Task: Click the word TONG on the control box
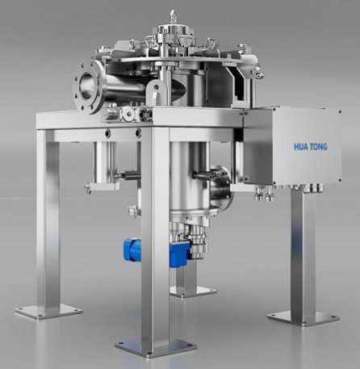pyautogui.click(x=319, y=147)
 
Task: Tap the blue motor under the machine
pyautogui.click(x=157, y=251)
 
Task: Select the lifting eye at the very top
pyautogui.click(x=173, y=15)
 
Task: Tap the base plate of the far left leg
pyautogui.click(x=48, y=312)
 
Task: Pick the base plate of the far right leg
pyautogui.click(x=304, y=318)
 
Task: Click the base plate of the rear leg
pyautogui.click(x=194, y=292)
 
